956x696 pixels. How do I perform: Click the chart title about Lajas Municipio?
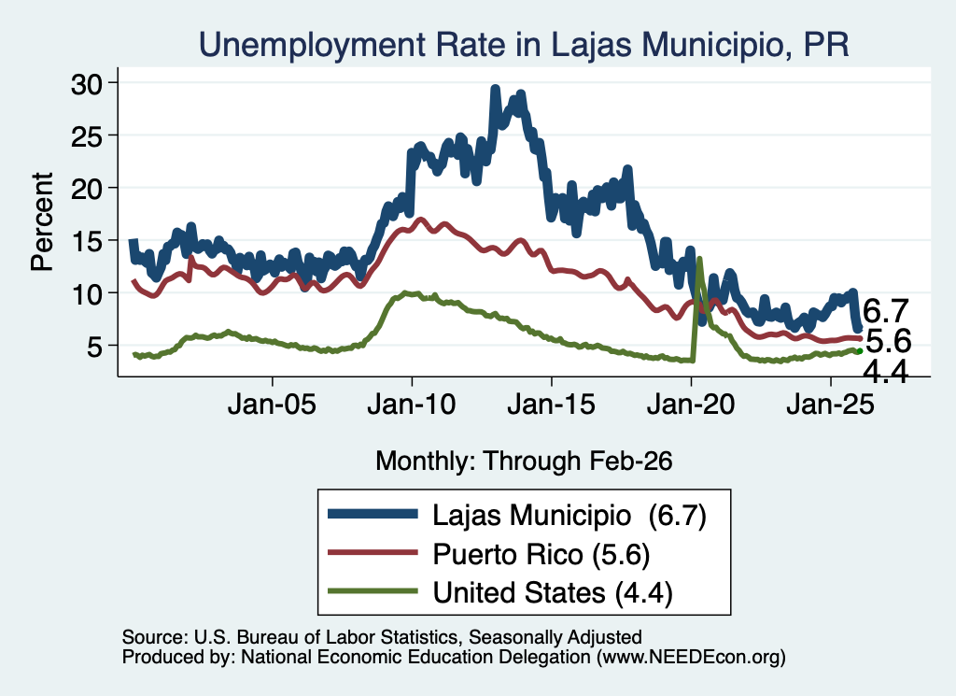524,44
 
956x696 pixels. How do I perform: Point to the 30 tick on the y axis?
87,83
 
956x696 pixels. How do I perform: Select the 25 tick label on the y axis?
87,136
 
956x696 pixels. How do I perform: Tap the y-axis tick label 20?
87,189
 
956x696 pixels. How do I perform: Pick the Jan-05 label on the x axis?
272,404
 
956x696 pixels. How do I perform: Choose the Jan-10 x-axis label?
412,404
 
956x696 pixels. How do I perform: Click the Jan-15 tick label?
551,404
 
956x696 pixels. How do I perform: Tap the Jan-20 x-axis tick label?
691,404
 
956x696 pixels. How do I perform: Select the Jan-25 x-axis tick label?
830,404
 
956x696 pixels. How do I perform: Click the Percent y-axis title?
42,221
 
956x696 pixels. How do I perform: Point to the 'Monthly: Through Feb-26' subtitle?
524,461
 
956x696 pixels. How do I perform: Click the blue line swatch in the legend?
373,514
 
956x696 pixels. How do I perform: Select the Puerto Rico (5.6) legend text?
541,554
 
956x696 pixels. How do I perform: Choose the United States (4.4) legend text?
553,592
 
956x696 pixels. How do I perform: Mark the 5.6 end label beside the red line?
889,340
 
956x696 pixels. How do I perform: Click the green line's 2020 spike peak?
698,259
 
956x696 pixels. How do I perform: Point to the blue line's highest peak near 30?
495,89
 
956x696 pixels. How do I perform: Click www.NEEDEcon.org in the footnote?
691,657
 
